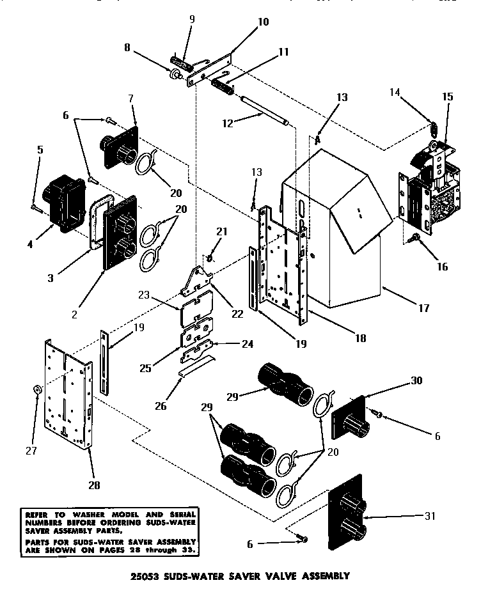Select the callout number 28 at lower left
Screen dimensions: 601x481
[x=94, y=485]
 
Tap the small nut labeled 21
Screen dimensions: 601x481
[x=209, y=258]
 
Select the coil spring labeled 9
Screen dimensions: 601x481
[x=182, y=64]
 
